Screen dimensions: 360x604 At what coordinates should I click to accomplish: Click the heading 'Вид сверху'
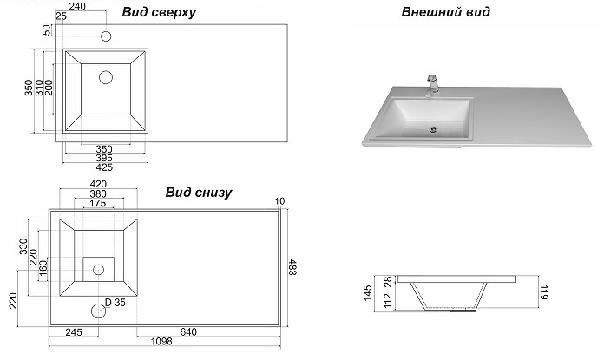pyautogui.click(x=159, y=13)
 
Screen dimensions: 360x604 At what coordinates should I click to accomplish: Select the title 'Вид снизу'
pyautogui.click(x=198, y=192)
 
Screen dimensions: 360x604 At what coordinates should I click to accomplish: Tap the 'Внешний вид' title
pyautogui.click(x=446, y=12)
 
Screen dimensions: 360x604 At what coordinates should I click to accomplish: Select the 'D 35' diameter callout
pyautogui.click(x=115, y=303)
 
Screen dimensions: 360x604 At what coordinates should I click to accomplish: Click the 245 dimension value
pyautogui.click(x=73, y=331)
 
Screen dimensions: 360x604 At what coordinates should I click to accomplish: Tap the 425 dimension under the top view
pyautogui.click(x=103, y=168)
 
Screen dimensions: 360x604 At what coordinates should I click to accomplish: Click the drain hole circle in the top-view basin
pyautogui.click(x=106, y=77)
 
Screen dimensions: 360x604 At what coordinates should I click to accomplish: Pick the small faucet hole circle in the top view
pyautogui.click(x=106, y=37)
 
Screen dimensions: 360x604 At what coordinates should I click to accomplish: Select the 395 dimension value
pyautogui.click(x=103, y=158)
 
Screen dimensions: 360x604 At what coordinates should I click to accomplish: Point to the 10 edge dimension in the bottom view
pyautogui.click(x=279, y=202)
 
